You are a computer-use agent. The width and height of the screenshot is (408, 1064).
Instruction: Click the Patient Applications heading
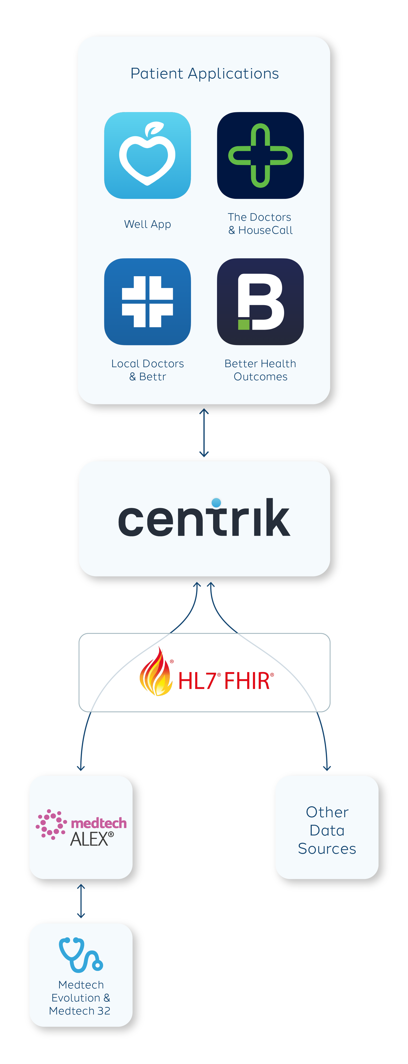tap(204, 73)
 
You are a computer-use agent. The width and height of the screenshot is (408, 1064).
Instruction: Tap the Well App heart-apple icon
tap(147, 155)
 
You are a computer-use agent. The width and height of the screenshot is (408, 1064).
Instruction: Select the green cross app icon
tap(260, 155)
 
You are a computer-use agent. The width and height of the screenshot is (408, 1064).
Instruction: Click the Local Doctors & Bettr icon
tap(147, 302)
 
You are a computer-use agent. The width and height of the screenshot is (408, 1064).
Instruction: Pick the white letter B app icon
tap(260, 302)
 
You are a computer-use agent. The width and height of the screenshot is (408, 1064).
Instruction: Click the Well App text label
tap(147, 224)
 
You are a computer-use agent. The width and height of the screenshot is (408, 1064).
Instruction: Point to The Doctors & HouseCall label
tap(260, 223)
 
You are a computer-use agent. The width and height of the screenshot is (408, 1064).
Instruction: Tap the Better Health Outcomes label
tap(260, 370)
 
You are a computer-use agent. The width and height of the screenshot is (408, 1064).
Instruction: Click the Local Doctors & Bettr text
tap(147, 370)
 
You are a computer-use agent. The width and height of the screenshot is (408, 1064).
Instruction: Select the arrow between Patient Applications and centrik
tap(204, 433)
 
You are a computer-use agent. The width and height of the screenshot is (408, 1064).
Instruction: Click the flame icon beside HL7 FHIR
tap(156, 672)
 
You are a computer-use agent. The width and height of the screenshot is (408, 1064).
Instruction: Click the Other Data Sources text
tap(327, 830)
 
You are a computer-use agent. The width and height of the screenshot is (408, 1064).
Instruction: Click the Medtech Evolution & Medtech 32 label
tap(80, 998)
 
